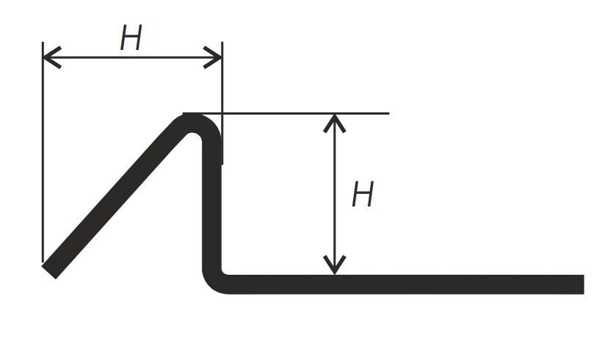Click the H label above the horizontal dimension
click(131, 38)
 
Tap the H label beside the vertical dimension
click(363, 194)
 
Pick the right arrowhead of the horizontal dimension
click(213, 57)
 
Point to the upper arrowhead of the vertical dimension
click(335, 123)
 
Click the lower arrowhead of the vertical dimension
click(335, 265)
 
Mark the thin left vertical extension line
click(43, 152)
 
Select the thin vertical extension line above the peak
click(222, 103)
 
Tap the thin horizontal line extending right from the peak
click(286, 113)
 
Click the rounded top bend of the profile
click(195, 119)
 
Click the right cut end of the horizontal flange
click(584, 284)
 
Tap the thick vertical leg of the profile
click(212, 204)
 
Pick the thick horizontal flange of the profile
click(403, 284)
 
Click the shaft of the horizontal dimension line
click(132, 57)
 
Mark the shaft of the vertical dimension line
click(335, 194)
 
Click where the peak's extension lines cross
click(222, 113)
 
